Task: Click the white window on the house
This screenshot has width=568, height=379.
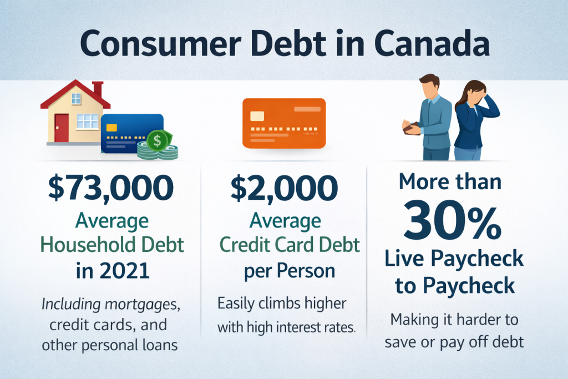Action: [87, 121]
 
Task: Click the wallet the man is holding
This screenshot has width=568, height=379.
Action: [413, 129]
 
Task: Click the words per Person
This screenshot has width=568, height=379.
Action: [290, 271]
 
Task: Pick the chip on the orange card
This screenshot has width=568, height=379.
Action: [257, 115]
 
